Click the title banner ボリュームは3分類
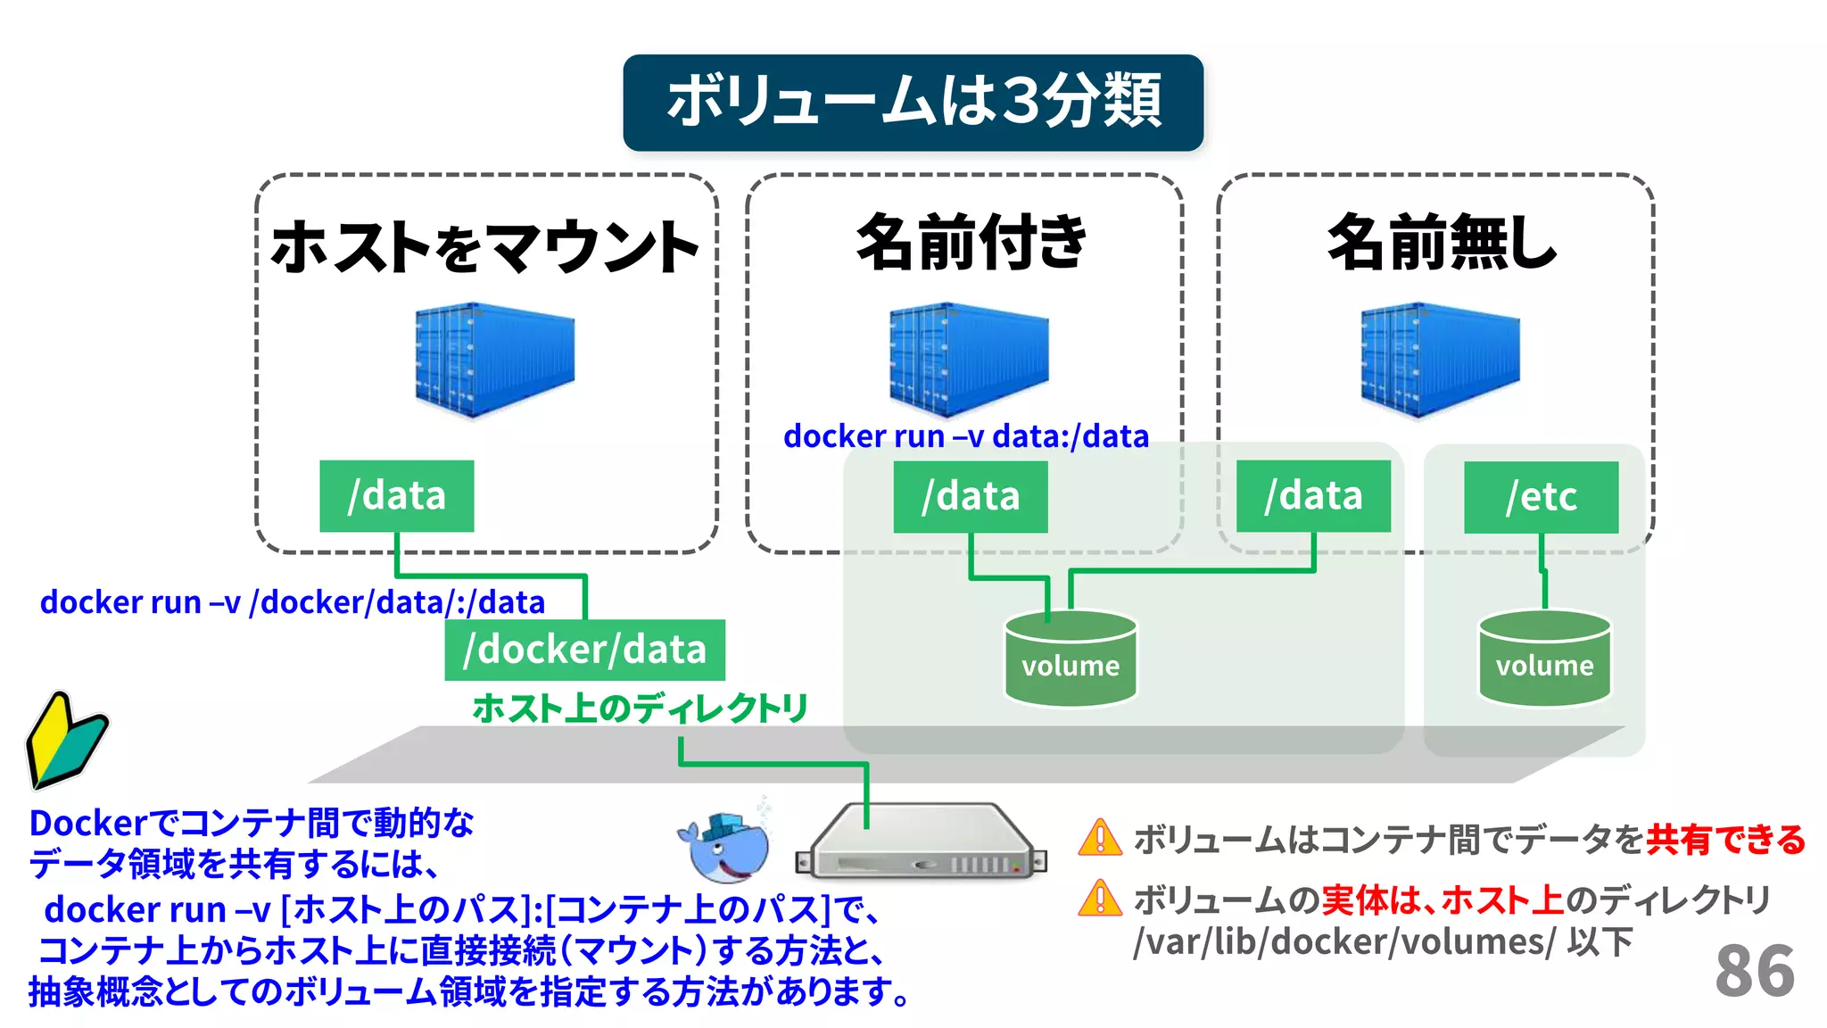pyautogui.click(x=913, y=102)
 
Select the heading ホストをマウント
pyautogui.click(x=485, y=246)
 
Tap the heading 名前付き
pyautogui.click(x=971, y=242)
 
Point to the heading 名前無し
pyautogui.click(x=1441, y=242)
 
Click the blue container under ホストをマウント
pyautogui.click(x=494, y=360)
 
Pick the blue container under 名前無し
pyautogui.click(x=1439, y=360)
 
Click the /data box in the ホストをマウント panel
pyautogui.click(x=396, y=496)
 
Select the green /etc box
pyautogui.click(x=1541, y=497)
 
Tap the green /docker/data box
pyautogui.click(x=584, y=650)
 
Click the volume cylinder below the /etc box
pyautogui.click(x=1544, y=659)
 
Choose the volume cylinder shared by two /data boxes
pyautogui.click(x=1070, y=659)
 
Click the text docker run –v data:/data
pyautogui.click(x=965, y=436)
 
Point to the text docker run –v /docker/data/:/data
pyautogui.click(x=292, y=602)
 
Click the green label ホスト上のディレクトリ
pyautogui.click(x=640, y=709)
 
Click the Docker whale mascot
pyautogui.click(x=725, y=847)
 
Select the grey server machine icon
pyautogui.click(x=922, y=843)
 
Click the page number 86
pyautogui.click(x=1754, y=971)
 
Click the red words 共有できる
pyautogui.click(x=1725, y=840)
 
